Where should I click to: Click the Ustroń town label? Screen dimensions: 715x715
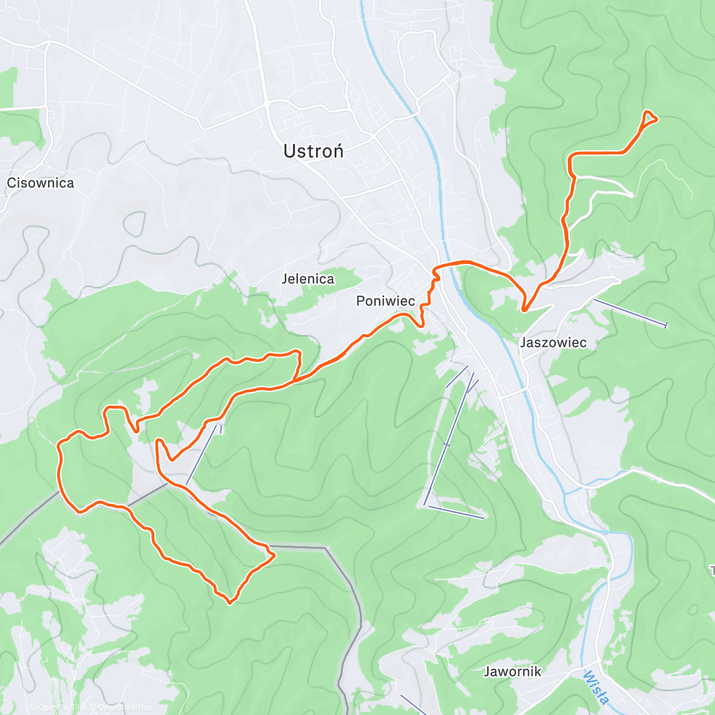click(313, 151)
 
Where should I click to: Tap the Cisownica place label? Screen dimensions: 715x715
click(41, 183)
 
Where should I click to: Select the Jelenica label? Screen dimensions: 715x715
click(308, 279)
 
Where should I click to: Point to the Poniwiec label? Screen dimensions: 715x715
click(386, 301)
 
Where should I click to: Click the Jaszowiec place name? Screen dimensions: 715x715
click(553, 343)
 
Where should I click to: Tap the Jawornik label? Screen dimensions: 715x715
click(512, 672)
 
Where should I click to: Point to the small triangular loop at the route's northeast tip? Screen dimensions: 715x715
click(648, 119)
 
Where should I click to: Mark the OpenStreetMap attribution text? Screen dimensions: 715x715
click(125, 707)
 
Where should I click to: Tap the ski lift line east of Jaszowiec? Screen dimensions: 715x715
click(629, 313)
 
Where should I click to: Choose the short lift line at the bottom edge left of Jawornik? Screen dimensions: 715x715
click(413, 705)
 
